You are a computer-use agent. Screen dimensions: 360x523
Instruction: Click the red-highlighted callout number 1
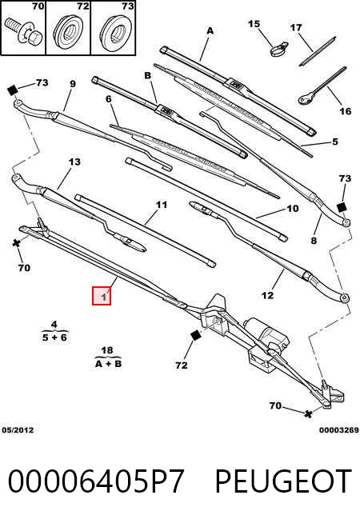pyautogui.click(x=102, y=296)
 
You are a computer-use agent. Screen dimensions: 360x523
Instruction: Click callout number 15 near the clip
pyautogui.click(x=254, y=24)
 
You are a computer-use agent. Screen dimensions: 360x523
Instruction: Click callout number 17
pyautogui.click(x=296, y=27)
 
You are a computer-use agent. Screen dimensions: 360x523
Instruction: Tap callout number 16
pyautogui.click(x=346, y=110)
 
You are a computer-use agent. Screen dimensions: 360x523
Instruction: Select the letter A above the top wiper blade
pyautogui.click(x=210, y=30)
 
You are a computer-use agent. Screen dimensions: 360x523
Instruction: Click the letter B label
pyautogui.click(x=147, y=76)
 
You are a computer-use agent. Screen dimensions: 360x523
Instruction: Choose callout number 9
pyautogui.click(x=73, y=84)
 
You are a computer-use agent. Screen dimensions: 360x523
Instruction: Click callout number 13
pyautogui.click(x=74, y=162)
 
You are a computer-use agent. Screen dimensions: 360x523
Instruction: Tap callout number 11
pyautogui.click(x=162, y=204)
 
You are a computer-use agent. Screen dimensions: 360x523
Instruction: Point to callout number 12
pyautogui.click(x=267, y=295)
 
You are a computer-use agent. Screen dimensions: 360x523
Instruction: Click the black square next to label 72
pyautogui.click(x=195, y=336)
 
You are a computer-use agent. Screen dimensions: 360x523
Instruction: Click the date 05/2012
pyautogui.click(x=18, y=430)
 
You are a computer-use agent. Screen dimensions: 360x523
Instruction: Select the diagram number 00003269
pyautogui.click(x=339, y=430)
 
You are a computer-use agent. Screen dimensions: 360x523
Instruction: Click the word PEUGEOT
pyautogui.click(x=283, y=481)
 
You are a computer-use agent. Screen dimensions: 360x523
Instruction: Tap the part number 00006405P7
pyautogui.click(x=96, y=481)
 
